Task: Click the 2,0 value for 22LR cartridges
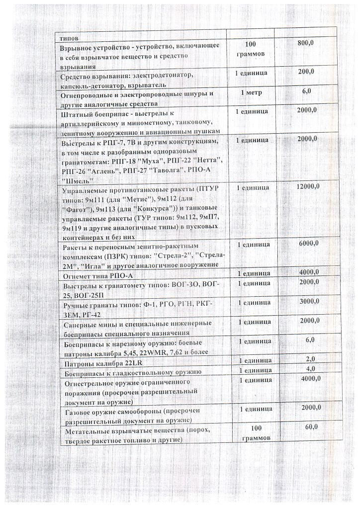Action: pos(310,359)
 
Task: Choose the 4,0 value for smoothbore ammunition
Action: pos(311,368)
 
